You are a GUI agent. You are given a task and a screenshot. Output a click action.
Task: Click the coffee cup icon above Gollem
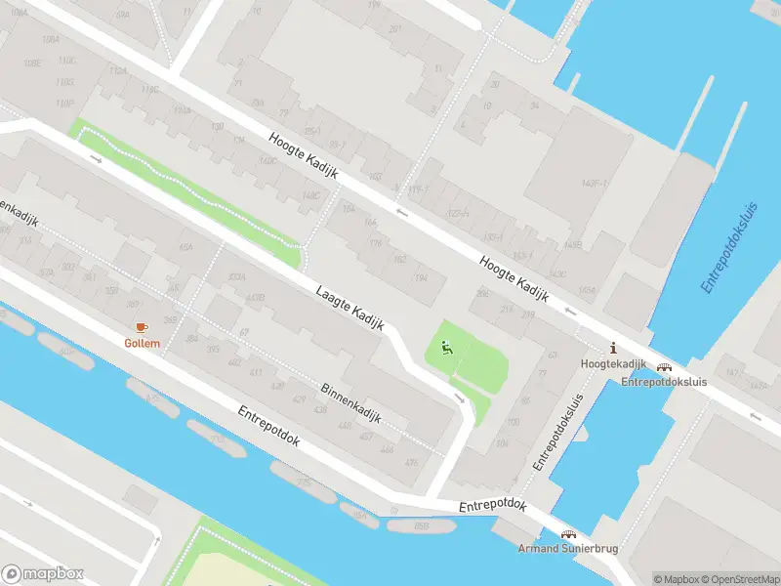141,326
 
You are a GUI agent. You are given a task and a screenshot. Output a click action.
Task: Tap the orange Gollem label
141,343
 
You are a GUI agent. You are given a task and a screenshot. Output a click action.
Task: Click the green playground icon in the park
447,346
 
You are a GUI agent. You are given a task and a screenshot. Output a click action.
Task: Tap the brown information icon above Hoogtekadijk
613,348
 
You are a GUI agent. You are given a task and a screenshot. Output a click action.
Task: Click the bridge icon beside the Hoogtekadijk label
665,368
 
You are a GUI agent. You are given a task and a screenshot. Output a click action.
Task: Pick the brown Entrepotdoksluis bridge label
665,383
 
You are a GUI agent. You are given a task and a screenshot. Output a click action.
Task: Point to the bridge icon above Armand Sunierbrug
567,534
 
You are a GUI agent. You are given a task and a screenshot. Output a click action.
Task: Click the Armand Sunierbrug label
567,549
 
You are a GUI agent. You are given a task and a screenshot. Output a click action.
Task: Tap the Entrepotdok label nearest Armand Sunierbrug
494,506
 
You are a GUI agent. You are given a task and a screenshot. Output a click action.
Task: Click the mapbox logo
43,574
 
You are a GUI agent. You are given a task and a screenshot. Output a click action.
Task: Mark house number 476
412,463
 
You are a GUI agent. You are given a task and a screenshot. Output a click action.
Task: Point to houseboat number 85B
421,526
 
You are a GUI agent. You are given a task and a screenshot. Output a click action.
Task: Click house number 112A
118,71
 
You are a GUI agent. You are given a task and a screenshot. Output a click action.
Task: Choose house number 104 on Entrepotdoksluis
502,442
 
